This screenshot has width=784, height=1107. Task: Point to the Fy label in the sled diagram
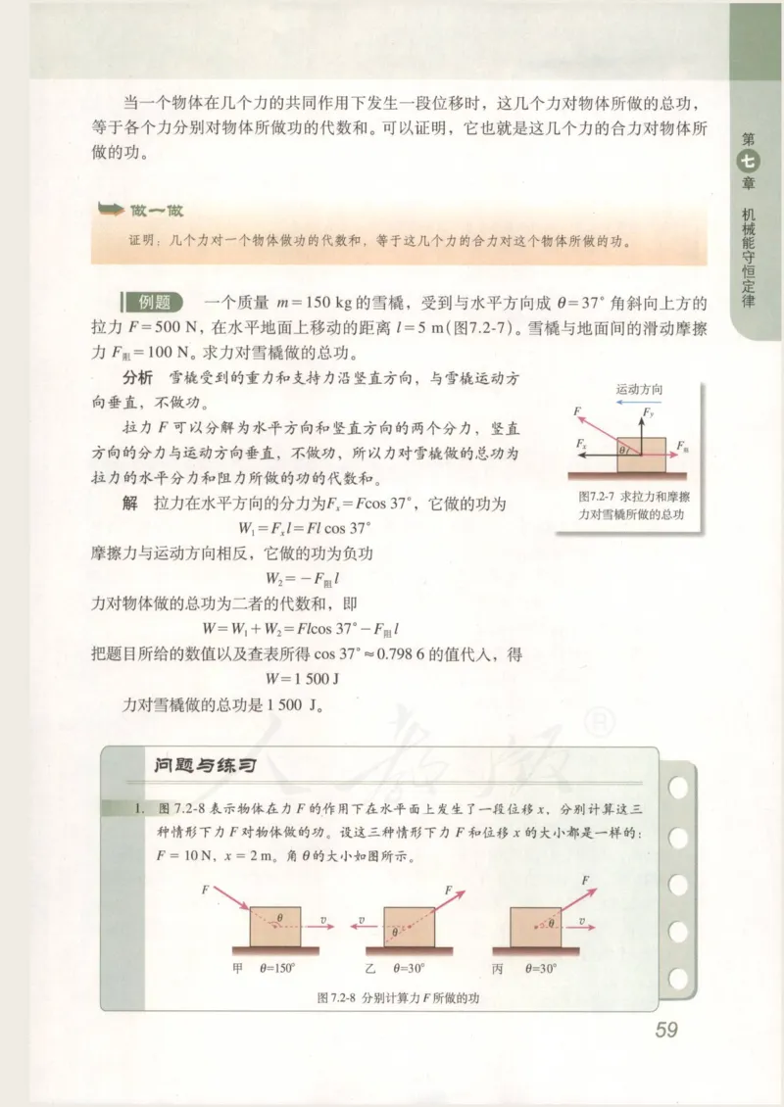(x=647, y=415)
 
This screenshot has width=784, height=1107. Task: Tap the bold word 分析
(x=136, y=377)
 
